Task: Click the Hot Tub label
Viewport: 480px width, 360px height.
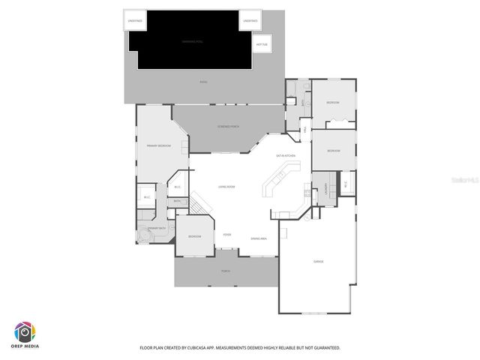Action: [261, 44]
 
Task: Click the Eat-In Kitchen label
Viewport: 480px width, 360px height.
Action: [286, 155]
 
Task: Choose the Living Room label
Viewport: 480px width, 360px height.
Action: [226, 187]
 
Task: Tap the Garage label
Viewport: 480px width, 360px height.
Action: [318, 261]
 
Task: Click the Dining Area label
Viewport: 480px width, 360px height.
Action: [259, 238]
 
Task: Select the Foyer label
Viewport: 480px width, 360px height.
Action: [226, 235]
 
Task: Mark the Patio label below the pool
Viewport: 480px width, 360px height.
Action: [203, 82]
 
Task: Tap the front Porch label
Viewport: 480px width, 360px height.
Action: [225, 271]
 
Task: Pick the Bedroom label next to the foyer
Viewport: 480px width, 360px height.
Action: [194, 237]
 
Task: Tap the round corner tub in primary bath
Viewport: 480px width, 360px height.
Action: [144, 236]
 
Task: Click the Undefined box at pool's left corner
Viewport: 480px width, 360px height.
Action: [135, 21]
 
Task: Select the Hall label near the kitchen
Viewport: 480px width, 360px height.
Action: [306, 130]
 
